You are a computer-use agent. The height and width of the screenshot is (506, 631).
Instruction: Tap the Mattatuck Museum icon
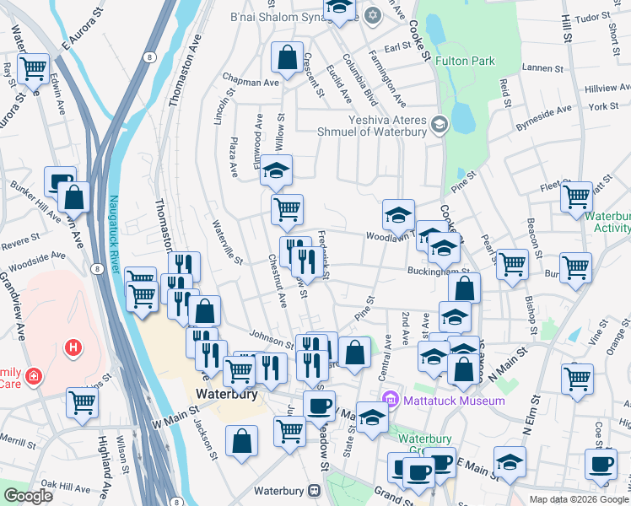[390, 400]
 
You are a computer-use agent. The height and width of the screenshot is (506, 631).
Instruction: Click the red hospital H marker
[74, 347]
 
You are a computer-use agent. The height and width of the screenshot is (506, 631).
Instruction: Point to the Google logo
[28, 496]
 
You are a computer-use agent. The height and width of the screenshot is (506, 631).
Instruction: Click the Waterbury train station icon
[314, 490]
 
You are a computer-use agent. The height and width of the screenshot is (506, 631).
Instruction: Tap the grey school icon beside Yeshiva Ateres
[439, 126]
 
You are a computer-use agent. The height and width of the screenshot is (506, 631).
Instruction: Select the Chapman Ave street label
[250, 83]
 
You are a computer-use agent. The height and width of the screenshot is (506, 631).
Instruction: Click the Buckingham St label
[438, 272]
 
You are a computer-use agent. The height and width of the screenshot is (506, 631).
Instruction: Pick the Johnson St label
[271, 340]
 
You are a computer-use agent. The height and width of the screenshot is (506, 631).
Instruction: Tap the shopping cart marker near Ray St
[33, 67]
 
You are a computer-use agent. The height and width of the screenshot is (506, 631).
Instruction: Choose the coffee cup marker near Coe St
[601, 463]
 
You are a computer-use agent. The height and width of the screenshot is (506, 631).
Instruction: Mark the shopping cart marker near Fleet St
[576, 196]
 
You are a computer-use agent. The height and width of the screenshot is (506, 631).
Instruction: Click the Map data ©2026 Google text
[578, 498]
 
